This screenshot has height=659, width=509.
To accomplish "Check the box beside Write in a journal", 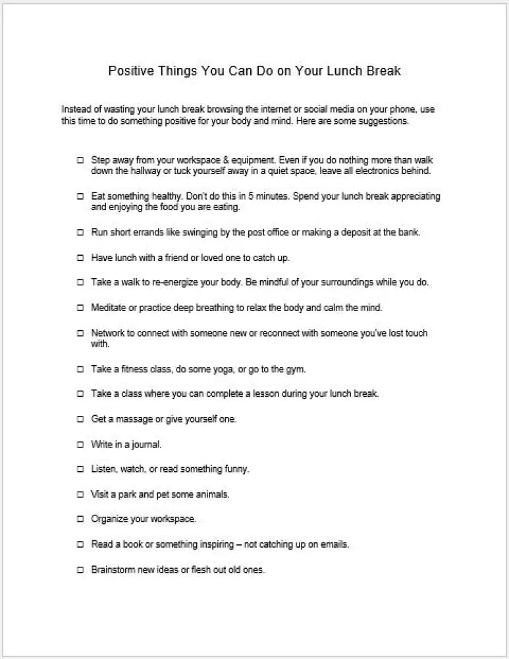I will click(x=80, y=444).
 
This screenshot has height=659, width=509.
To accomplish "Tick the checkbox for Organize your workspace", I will click(x=80, y=519).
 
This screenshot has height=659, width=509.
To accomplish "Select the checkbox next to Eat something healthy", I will click(x=80, y=197).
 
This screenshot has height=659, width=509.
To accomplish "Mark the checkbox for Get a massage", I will click(x=80, y=419).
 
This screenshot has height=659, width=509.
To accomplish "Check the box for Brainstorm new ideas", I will click(x=80, y=569).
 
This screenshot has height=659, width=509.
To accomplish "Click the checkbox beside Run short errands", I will click(x=80, y=233).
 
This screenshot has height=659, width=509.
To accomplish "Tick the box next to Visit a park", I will click(x=80, y=494).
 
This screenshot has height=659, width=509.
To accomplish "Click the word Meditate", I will click(x=109, y=307).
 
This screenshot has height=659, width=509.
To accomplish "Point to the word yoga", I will click(x=236, y=369).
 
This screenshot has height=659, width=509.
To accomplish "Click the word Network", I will click(x=108, y=333).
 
